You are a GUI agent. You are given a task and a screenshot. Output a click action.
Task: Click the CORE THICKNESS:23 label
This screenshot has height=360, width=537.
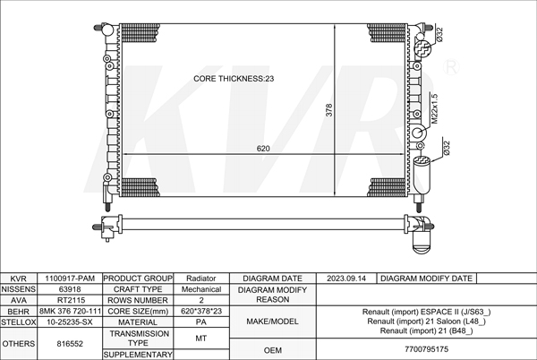tap(234, 79)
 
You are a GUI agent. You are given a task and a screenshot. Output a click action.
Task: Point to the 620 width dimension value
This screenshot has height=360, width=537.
tap(263, 149)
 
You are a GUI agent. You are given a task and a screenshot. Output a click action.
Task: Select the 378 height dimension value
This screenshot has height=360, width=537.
tap(328, 110)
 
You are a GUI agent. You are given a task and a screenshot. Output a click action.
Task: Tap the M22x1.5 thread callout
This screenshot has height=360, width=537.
tap(435, 108)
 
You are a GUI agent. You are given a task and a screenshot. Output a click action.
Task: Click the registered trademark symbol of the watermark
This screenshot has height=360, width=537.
tap(451, 67)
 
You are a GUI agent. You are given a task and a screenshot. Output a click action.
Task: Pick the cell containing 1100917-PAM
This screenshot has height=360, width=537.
tap(70, 279)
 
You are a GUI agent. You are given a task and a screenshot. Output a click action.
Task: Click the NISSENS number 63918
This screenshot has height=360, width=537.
tap(70, 289)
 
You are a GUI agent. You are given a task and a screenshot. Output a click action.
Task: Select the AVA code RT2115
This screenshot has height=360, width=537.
tap(70, 300)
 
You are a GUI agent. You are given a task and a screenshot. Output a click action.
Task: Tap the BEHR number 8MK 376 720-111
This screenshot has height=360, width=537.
tap(70, 311)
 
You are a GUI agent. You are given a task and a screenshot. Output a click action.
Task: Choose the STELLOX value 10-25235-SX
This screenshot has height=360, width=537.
tap(70, 322)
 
